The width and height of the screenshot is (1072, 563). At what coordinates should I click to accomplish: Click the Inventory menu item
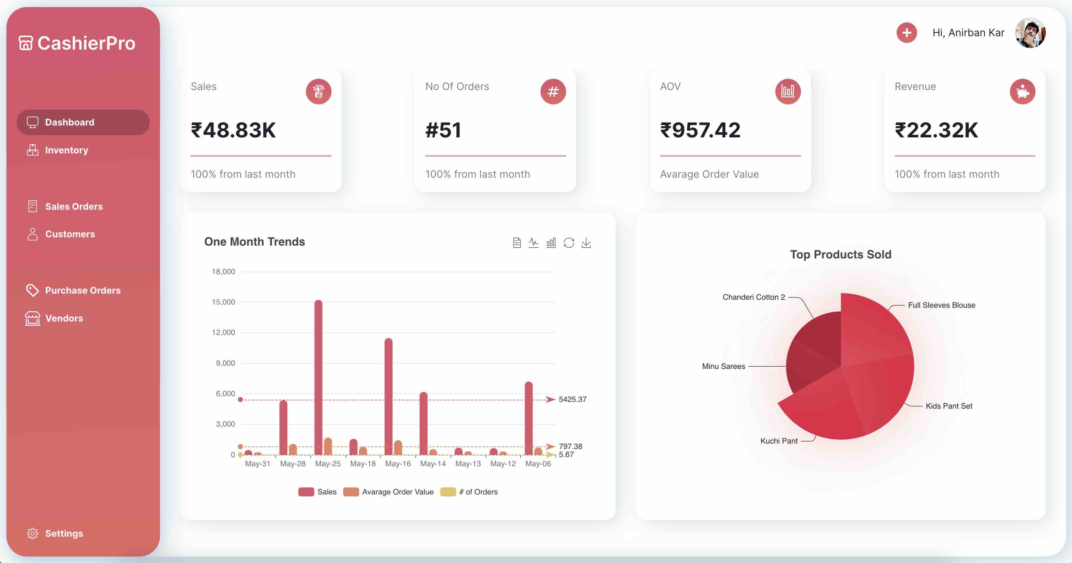pos(66,150)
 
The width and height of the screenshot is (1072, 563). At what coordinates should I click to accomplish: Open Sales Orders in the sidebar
pos(74,207)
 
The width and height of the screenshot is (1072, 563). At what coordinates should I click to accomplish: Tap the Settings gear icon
pos(32,534)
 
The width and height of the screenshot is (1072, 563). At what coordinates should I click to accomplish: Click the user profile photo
pos(1030,33)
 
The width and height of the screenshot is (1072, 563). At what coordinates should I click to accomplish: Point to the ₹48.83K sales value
pos(233,130)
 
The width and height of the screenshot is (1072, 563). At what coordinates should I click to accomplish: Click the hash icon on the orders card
pos(553,92)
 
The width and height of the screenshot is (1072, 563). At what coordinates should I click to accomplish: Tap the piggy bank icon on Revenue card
pos(1022,92)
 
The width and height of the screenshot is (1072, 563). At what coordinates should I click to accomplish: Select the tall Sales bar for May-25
pos(318,377)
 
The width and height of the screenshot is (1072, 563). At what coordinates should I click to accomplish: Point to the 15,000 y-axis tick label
pos(223,302)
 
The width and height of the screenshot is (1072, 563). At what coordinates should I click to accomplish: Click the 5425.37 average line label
pos(572,399)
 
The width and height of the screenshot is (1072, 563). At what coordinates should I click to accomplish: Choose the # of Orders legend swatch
pos(448,492)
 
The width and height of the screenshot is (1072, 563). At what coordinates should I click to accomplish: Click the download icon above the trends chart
pos(586,243)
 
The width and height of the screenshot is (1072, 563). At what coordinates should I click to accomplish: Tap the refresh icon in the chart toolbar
pos(568,243)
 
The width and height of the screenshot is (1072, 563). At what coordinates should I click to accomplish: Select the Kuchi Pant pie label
pos(779,441)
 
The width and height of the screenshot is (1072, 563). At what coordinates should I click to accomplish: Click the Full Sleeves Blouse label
pos(941,305)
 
